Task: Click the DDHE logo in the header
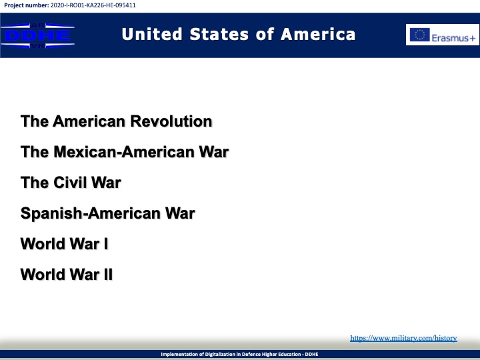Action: [x=37, y=35]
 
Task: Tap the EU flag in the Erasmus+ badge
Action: [x=420, y=35]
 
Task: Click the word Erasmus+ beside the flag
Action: [x=453, y=38]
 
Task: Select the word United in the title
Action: [x=152, y=34]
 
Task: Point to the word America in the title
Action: [x=318, y=34]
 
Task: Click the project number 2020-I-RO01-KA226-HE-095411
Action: [x=93, y=5]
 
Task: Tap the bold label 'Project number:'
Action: [x=26, y=5]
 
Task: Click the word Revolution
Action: [x=171, y=121]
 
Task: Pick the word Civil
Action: [x=71, y=183]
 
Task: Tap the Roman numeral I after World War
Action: [x=106, y=244]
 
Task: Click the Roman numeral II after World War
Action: [x=109, y=275]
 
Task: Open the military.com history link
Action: [x=403, y=338]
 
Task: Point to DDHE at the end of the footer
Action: [x=311, y=354]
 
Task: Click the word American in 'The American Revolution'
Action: [x=90, y=121]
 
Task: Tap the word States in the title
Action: [x=219, y=34]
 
